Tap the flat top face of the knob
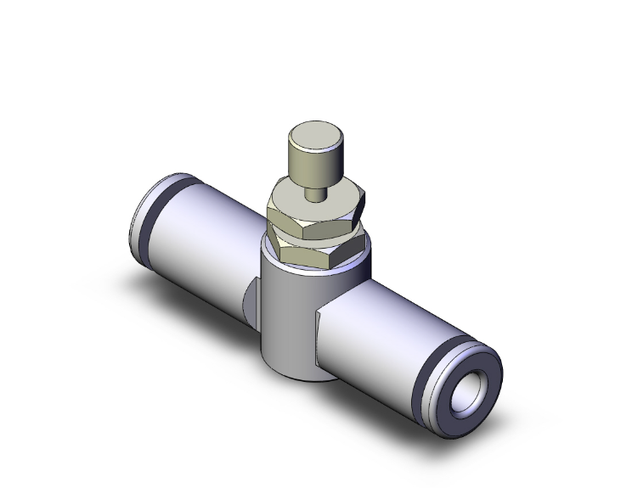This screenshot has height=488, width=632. tap(313, 135)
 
